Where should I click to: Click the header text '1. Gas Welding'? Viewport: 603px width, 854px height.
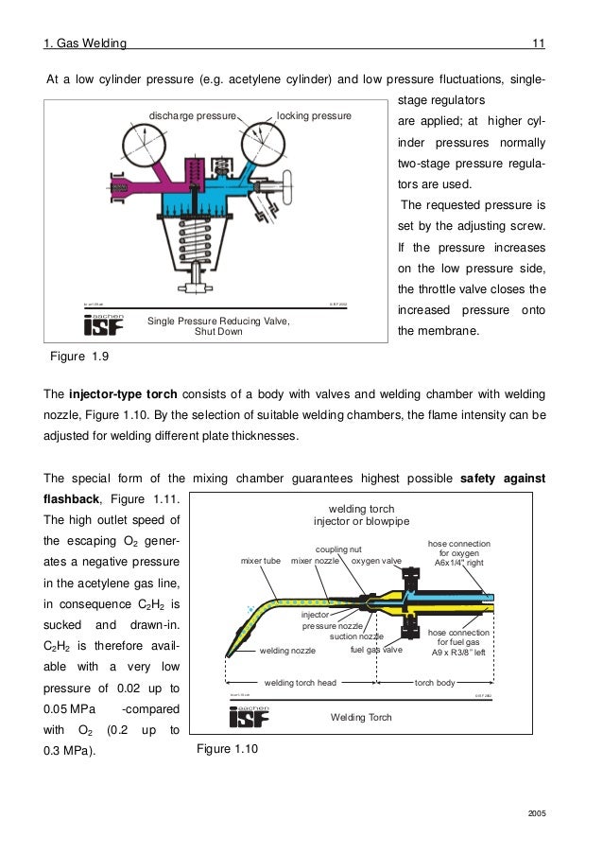[x=86, y=43]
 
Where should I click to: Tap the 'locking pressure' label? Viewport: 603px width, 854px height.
[x=314, y=115]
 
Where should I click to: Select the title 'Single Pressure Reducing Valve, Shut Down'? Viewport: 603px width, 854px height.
[x=217, y=326]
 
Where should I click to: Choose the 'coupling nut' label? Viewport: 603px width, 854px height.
[x=339, y=549]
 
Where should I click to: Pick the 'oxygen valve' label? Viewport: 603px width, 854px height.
[x=376, y=561]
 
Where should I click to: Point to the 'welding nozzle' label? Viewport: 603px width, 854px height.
[x=287, y=651]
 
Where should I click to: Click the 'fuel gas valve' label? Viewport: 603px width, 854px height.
[x=376, y=651]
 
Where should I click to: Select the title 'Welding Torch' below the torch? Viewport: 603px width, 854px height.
[x=360, y=718]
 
